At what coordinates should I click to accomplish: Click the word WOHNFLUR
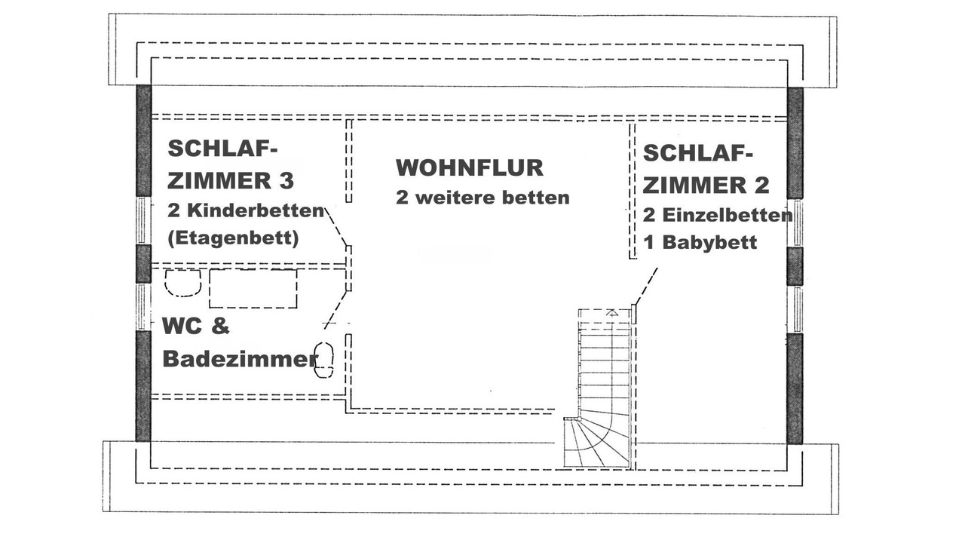click(469, 167)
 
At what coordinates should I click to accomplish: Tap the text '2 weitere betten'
click(482, 198)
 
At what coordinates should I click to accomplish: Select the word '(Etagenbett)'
click(233, 238)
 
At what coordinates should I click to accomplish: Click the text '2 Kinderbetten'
click(245, 210)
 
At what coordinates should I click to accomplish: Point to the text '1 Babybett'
click(700, 243)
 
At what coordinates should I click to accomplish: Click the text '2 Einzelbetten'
click(717, 215)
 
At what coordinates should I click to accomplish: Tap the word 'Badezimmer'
click(240, 360)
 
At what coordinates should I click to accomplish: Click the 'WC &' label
click(195, 327)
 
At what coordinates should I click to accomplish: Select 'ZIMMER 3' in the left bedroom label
click(230, 181)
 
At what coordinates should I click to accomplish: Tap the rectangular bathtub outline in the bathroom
click(253, 288)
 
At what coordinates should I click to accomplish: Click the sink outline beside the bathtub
click(182, 283)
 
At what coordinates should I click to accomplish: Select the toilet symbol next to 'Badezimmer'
click(324, 360)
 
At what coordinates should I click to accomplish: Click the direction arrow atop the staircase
click(612, 311)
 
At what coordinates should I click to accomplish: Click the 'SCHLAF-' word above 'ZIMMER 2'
click(697, 153)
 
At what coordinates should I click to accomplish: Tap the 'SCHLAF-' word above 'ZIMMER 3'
click(217, 149)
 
